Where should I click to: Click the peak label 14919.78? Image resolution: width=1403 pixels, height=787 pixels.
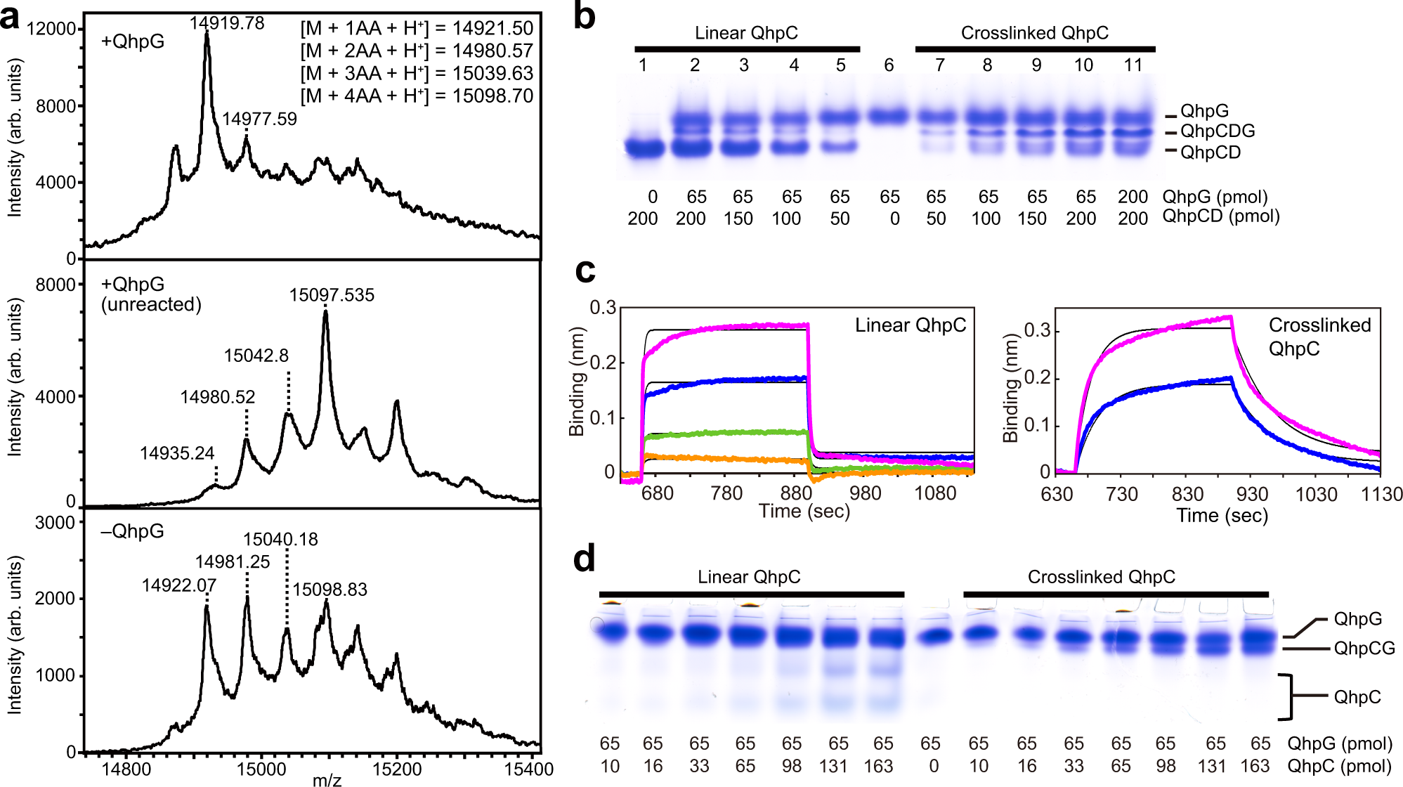(x=226, y=23)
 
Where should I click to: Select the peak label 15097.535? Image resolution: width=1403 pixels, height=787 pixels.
(x=332, y=295)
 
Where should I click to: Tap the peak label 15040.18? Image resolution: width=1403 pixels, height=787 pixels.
(x=280, y=540)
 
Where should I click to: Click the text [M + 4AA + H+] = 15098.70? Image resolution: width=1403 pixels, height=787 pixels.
(x=417, y=96)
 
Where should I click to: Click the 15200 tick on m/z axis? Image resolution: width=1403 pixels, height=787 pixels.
(x=396, y=769)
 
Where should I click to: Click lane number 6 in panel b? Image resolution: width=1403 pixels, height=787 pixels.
(x=889, y=65)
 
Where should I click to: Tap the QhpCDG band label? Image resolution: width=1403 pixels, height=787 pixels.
(x=1217, y=131)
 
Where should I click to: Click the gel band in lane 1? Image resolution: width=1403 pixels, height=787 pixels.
(x=645, y=148)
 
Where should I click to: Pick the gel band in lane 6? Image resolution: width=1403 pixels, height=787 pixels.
(x=889, y=115)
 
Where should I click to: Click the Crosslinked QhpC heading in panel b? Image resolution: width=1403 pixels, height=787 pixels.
(x=1034, y=33)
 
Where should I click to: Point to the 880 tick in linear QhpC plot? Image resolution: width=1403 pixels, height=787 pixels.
(x=795, y=493)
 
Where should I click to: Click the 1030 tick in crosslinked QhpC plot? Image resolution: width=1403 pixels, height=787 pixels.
(x=1316, y=495)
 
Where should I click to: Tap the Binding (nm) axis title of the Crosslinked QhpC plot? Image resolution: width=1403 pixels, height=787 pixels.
(x=1010, y=388)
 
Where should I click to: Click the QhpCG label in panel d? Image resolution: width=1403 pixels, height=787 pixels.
(x=1364, y=649)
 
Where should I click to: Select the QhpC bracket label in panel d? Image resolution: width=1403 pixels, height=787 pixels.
(x=1357, y=697)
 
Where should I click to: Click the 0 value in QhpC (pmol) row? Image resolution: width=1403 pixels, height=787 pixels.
(x=933, y=766)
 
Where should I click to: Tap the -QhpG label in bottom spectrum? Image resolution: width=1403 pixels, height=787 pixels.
(x=132, y=531)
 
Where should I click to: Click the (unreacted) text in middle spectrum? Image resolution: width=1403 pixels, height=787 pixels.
(x=151, y=304)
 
